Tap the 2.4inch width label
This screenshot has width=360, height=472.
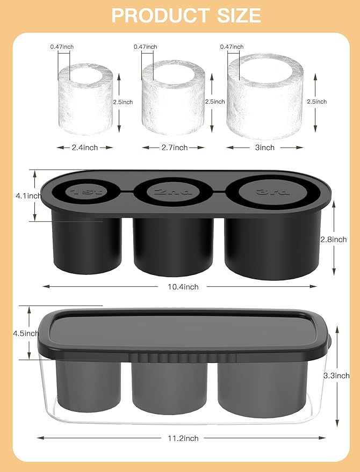[85, 147]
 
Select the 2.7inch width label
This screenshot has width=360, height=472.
[174, 147]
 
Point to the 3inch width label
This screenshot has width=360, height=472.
[265, 147]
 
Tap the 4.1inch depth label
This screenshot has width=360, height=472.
[27, 196]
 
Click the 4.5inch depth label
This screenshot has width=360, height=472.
[27, 333]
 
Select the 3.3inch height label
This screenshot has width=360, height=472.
[336, 375]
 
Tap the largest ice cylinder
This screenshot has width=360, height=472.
[265, 97]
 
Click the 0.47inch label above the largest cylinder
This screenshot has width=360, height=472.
[232, 47]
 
